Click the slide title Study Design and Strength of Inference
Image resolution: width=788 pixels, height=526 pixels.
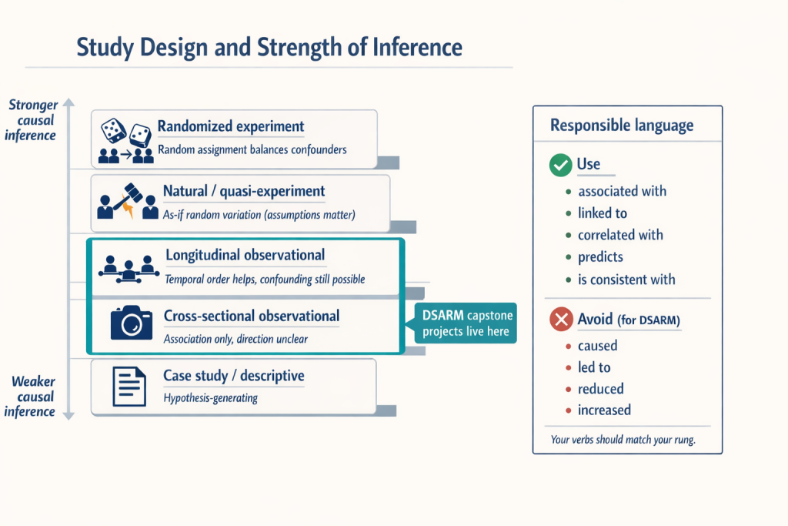click(269, 48)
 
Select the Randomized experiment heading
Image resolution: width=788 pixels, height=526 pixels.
click(231, 126)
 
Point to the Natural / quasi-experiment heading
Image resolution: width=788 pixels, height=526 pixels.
click(244, 191)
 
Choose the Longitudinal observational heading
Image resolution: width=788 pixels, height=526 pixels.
click(245, 255)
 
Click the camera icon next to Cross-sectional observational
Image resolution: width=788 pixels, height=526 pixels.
click(131, 323)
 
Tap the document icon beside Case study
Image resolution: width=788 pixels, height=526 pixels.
click(129, 386)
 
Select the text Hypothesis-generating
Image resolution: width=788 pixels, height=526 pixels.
click(212, 398)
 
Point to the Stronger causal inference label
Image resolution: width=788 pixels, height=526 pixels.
click(32, 119)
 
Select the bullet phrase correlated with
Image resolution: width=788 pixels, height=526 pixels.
click(620, 235)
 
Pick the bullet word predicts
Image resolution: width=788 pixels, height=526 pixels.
click(600, 256)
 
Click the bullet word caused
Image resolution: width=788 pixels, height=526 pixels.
click(598, 346)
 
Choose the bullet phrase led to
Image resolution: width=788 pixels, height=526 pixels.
click(594, 367)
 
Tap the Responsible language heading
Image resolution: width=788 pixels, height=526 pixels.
click(622, 126)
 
